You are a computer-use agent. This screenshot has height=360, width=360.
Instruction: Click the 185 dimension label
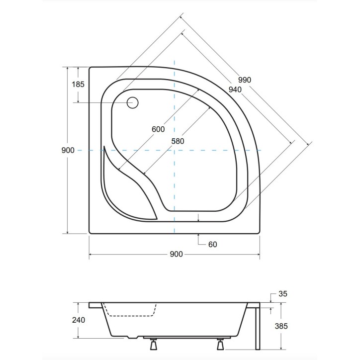(78, 84)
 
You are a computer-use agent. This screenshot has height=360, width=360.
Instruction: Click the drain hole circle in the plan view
(132, 103)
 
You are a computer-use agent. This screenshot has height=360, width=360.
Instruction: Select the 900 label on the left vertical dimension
(69, 150)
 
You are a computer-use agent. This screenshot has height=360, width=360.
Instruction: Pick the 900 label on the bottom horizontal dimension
(176, 254)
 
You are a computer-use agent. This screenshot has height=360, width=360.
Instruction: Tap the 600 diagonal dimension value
(158, 129)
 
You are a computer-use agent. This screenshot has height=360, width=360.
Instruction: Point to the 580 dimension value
(178, 141)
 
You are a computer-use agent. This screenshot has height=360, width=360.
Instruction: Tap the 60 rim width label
(212, 244)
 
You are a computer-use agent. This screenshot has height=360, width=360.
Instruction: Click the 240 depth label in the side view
(78, 320)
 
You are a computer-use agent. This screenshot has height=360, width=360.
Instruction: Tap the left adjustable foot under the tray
(152, 344)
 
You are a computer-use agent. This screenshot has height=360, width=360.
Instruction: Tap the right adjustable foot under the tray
(220, 344)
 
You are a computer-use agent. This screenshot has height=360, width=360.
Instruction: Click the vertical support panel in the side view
(256, 328)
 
